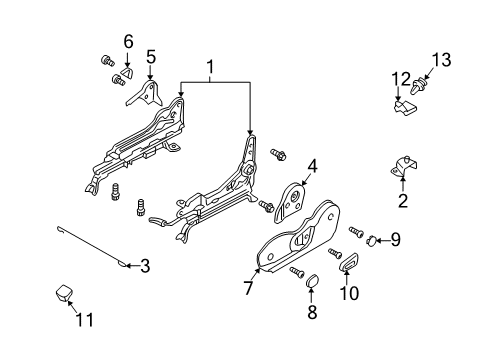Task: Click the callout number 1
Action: tap(210, 67)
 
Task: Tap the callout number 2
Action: tap(403, 200)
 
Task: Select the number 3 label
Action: tap(145, 266)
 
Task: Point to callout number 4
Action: tap(312, 166)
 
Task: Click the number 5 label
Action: tap(151, 57)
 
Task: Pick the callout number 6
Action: tap(128, 41)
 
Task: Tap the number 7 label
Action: tap(248, 288)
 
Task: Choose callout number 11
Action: tap(85, 319)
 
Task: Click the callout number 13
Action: tap(441, 60)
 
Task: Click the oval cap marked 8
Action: tap(312, 281)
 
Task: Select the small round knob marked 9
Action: tap(372, 240)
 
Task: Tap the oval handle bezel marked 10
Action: tap(349, 262)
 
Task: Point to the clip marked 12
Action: tap(405, 107)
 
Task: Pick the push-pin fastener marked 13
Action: tap(419, 86)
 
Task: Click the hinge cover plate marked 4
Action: tap(290, 202)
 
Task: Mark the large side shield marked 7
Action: tap(298, 237)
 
